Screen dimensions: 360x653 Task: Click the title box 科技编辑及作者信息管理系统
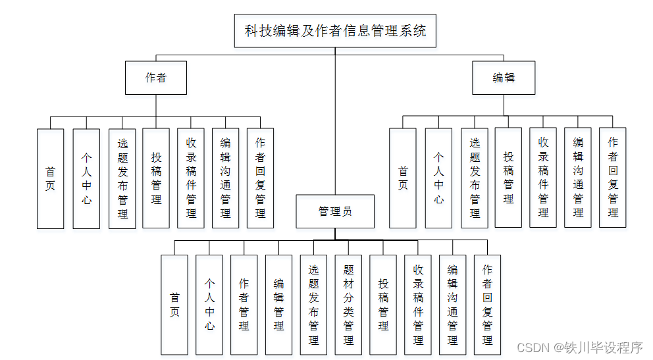pos(335,31)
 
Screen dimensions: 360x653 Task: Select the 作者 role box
pos(156,78)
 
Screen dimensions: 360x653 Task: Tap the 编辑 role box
pos(504,78)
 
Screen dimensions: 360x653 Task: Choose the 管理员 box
pos(335,211)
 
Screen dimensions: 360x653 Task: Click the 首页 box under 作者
pos(50,178)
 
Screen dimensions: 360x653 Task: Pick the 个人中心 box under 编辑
pos(438,178)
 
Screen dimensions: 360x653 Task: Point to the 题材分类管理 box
pos(348,305)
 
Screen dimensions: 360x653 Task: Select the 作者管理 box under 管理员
pos(244,305)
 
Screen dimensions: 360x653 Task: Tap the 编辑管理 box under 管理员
pos(278,305)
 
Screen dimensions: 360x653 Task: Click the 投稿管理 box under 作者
pos(156,178)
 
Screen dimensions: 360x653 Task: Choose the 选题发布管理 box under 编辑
pos(475,178)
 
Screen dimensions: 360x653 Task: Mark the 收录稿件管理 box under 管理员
pos(418,305)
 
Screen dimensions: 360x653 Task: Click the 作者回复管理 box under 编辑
pos(613,178)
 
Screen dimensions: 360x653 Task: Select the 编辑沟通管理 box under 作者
pos(225,178)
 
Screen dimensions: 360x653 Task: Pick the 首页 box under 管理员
pos(174,305)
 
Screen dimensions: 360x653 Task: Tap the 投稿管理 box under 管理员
pos(383,305)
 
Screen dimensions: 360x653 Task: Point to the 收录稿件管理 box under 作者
pos(191,178)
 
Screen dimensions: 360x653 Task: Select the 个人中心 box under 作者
pos(86,178)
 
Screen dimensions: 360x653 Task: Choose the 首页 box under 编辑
pos(403,178)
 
